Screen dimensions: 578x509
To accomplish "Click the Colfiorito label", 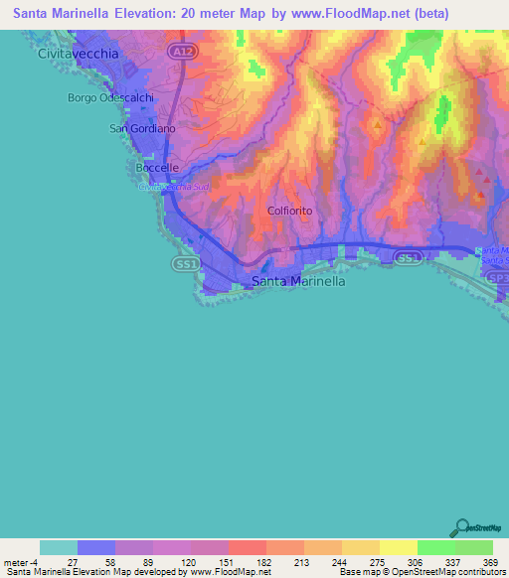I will pos(290,211).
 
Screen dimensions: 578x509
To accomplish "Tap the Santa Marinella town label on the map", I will pos(298,281).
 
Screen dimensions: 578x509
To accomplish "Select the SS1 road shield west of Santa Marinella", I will pos(182,264).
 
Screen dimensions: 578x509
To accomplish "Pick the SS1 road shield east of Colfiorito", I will pos(407,258).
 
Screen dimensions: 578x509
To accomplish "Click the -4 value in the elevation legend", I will pos(36,562).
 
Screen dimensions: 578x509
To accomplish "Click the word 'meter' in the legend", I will pos(16,562).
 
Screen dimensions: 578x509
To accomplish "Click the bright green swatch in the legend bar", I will pos(435,547).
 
